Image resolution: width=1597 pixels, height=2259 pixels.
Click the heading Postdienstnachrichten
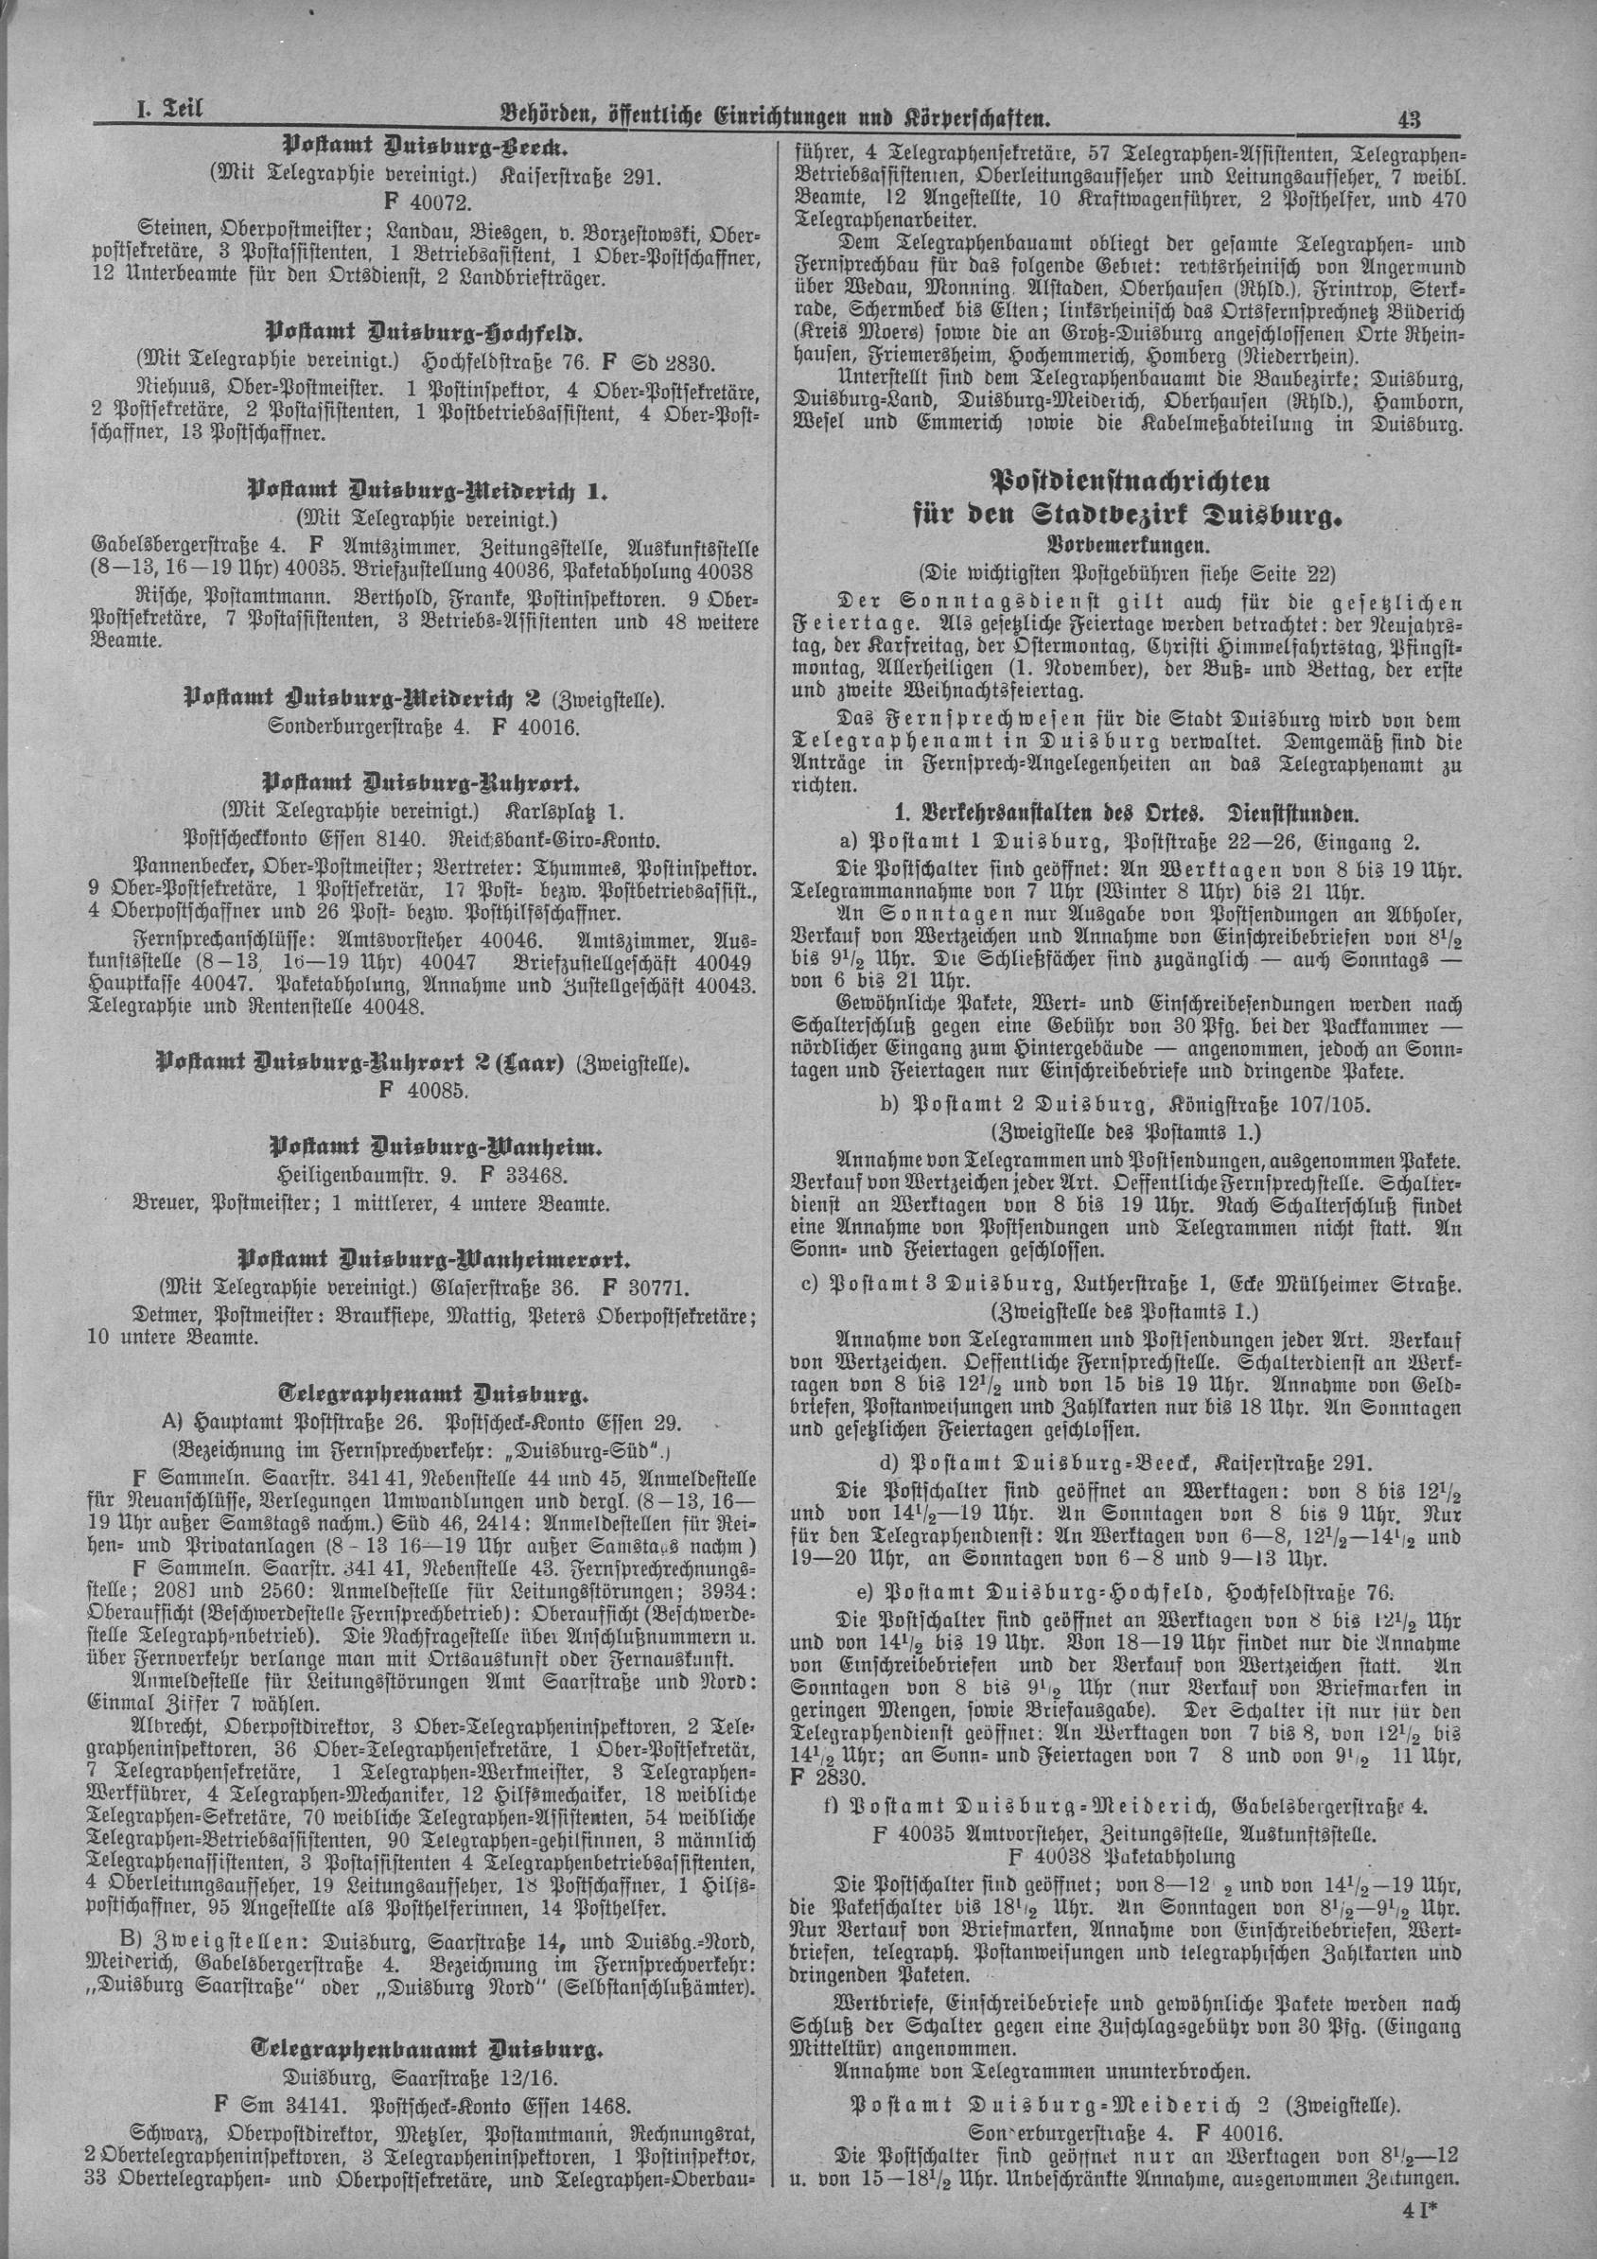1129,482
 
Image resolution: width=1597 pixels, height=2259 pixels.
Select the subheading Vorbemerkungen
1128,542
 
